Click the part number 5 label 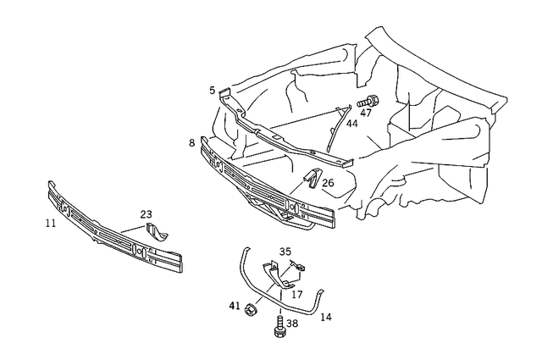point(213,89)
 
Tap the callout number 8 point(192,143)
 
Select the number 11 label point(51,223)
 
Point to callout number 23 point(147,214)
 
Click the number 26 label point(328,182)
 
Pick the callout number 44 point(351,124)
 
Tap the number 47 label point(366,113)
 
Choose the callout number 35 point(285,252)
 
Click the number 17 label point(297,294)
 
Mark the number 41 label point(235,306)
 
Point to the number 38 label point(291,323)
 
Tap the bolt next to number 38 point(279,327)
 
